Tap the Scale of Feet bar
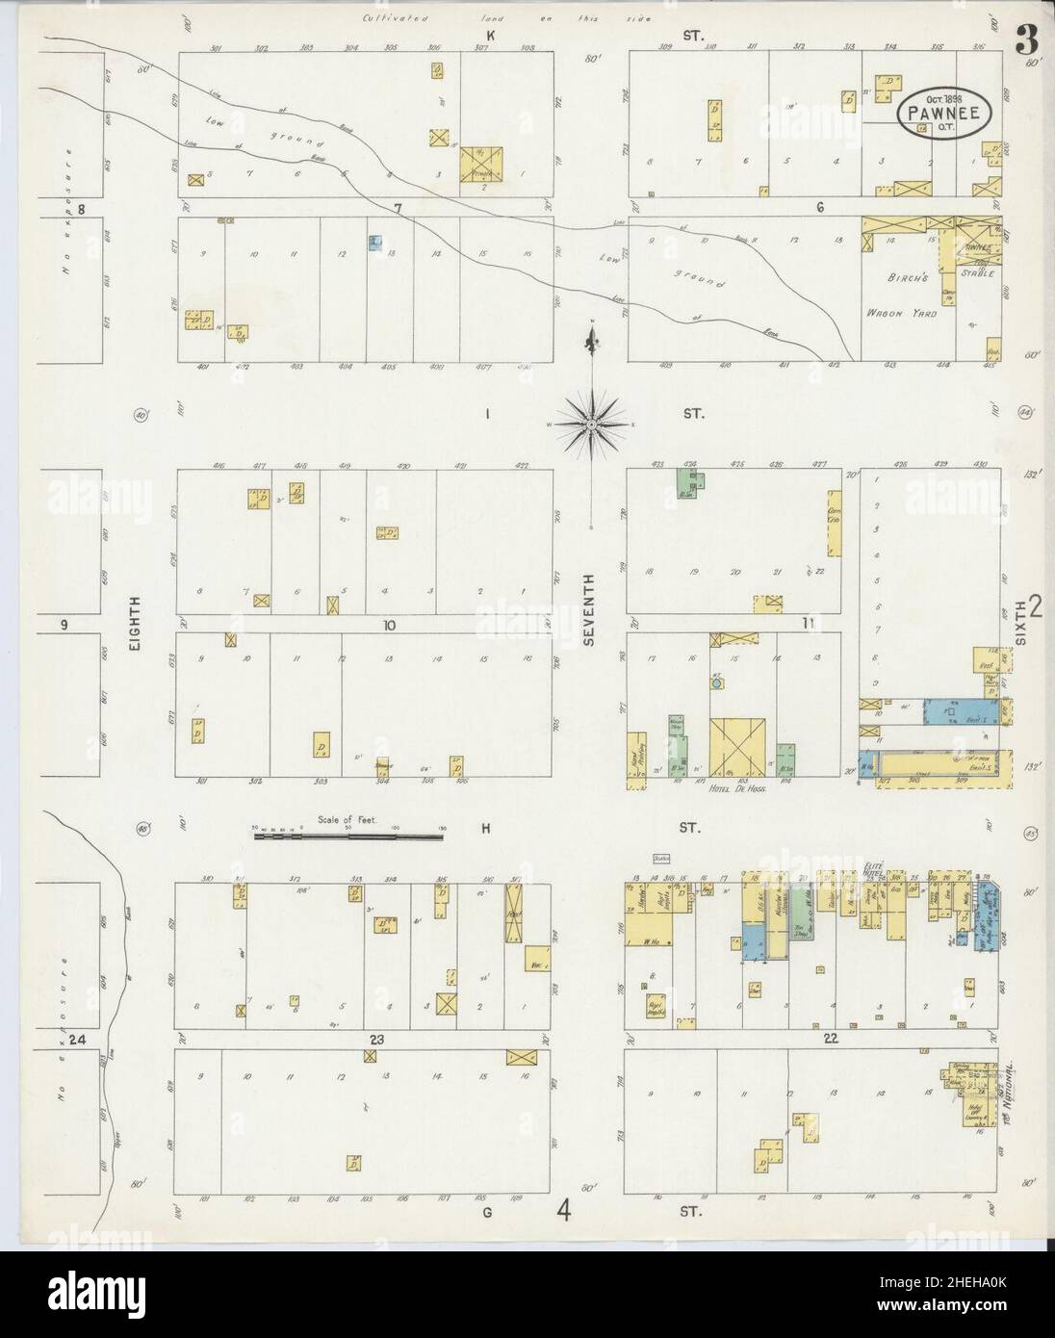(x=348, y=836)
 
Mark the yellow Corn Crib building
(x=833, y=524)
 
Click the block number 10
(x=389, y=626)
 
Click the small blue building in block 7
(x=374, y=244)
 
